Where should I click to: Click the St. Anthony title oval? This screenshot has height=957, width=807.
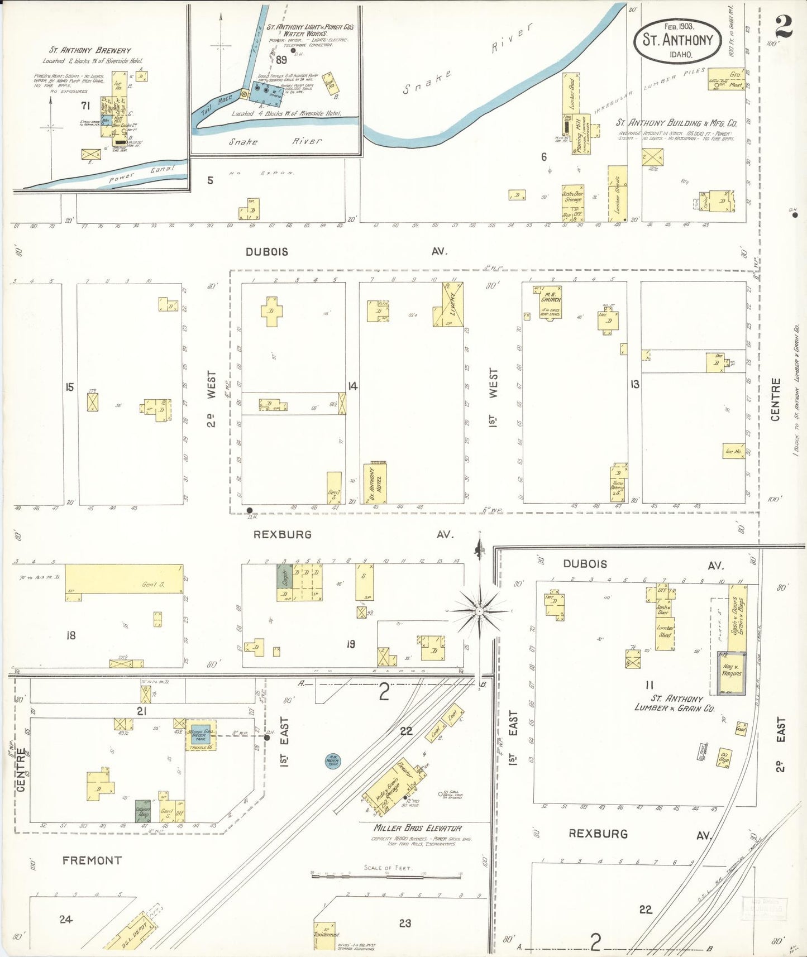[x=677, y=40]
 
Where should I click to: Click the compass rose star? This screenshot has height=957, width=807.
[x=479, y=611]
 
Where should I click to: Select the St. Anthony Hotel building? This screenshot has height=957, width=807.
[x=375, y=483]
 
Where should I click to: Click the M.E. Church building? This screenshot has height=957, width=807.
[x=550, y=302]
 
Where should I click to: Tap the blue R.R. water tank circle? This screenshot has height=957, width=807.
[x=333, y=760]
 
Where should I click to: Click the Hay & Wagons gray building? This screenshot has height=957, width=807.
[x=731, y=673]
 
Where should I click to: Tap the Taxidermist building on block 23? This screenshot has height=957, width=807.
[x=324, y=935]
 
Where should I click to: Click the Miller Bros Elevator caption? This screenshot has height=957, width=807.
[x=417, y=828]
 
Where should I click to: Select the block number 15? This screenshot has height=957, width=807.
[x=70, y=386]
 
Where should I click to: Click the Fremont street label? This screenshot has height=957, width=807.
[x=92, y=860]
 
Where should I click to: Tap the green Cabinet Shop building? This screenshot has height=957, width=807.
[x=143, y=811]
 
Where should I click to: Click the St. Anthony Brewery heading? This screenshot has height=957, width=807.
[x=90, y=51]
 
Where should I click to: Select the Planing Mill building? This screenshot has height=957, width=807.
[x=579, y=134]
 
